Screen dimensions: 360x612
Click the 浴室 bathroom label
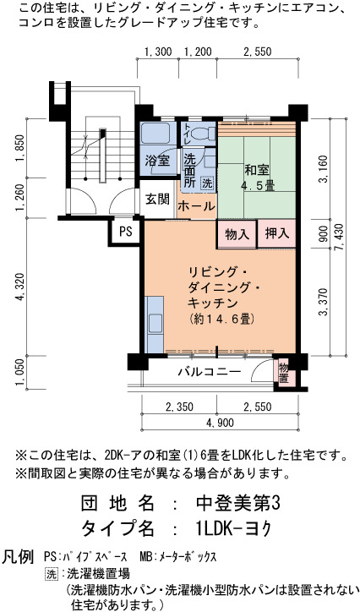[x=157, y=161]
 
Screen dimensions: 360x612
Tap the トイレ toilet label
[x=188, y=132]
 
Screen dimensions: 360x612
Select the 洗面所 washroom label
[x=190, y=171]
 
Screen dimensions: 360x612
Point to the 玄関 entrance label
[x=157, y=199]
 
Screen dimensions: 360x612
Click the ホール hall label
[x=196, y=205]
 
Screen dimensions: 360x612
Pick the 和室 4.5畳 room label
[x=257, y=178]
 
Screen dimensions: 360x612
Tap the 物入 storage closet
[x=237, y=234]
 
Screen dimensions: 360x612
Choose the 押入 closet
[x=276, y=234]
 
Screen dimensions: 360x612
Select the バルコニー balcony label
[x=210, y=371]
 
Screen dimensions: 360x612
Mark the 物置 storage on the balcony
[x=284, y=373]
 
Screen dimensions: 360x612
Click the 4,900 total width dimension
[x=221, y=423]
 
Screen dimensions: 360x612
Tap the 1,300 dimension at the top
[x=158, y=52]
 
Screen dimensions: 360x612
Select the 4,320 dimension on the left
[x=19, y=287]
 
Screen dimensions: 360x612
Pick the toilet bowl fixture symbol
[x=205, y=133]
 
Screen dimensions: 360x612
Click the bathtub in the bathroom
[x=155, y=133]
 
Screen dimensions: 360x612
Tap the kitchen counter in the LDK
[x=155, y=325]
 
